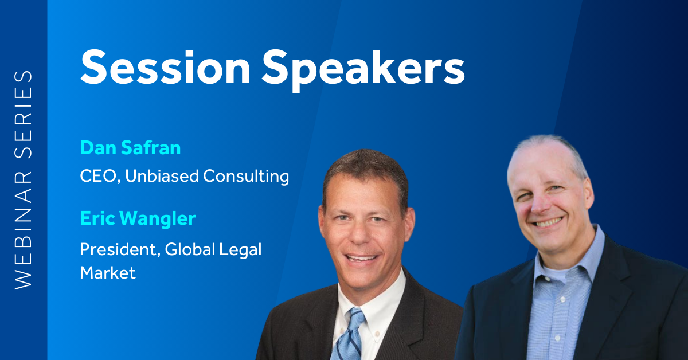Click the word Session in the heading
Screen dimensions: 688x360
[x=166, y=68]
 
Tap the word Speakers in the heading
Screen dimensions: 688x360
[x=363, y=70]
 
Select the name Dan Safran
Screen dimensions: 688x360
[x=130, y=148]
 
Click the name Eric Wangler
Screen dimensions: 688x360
[x=138, y=219]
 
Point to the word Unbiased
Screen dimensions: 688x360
[x=162, y=176]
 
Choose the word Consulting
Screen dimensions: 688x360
[x=246, y=177]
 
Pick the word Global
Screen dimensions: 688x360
[x=190, y=249]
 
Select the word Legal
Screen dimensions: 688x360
[x=240, y=251]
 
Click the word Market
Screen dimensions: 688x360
[x=108, y=273]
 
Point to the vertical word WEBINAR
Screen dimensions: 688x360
[x=24, y=230]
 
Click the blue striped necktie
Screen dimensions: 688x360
[x=347, y=335]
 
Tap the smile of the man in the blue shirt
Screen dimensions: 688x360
[x=549, y=222]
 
